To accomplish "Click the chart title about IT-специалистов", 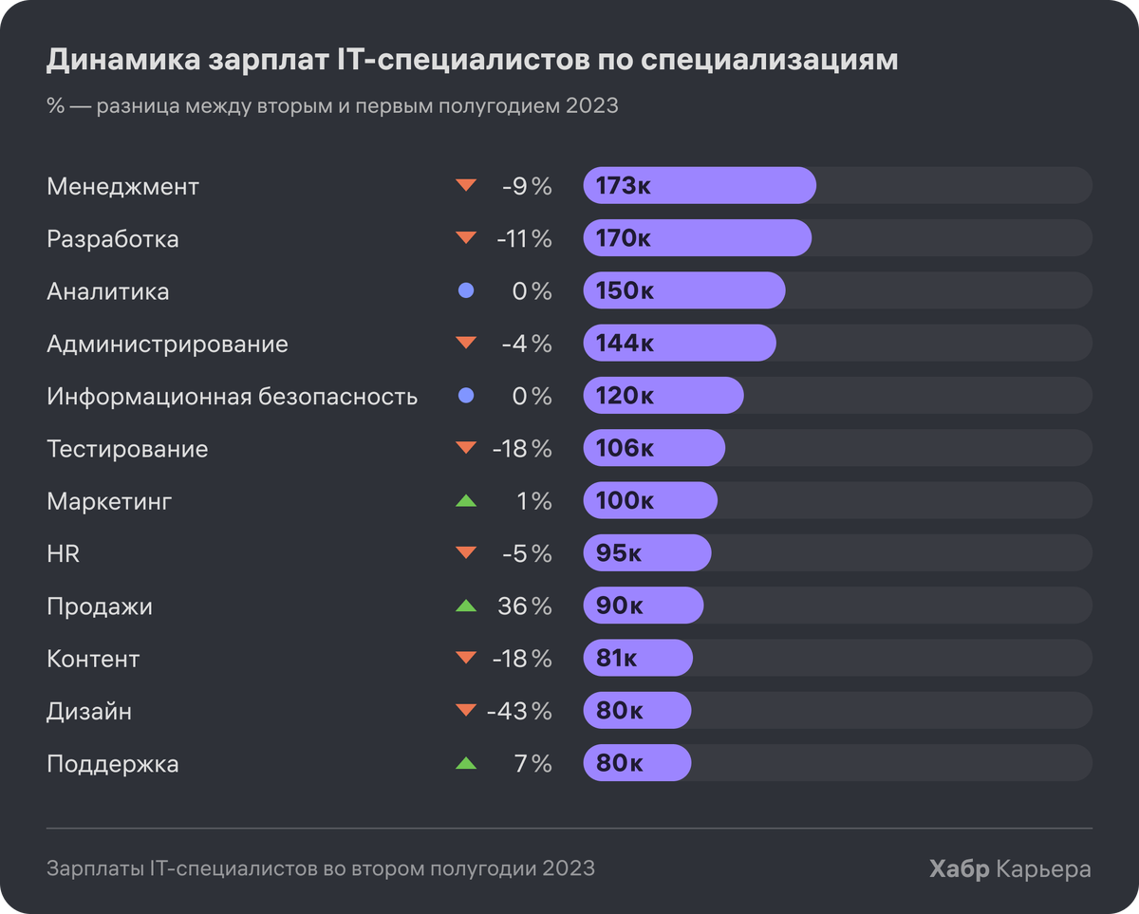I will coord(472,60).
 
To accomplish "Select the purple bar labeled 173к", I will coord(700,186).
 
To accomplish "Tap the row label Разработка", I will coord(113,239).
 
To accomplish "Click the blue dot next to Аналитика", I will coord(465,291).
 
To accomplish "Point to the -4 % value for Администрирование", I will coord(526,344).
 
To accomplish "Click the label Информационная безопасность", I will coord(233,397).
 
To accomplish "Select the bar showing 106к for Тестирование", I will coord(654,449).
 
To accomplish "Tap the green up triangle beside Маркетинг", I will coord(465,500).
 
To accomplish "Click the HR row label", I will coord(64,553).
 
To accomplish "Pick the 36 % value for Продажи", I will coord(524,606).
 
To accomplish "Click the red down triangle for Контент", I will coord(465,658).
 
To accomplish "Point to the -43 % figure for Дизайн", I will coord(518,711).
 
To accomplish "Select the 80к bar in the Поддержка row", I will coord(637,763).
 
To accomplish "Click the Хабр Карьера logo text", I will coord(1010,868).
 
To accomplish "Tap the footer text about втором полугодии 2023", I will coord(321,868).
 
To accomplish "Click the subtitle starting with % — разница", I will coord(332,106).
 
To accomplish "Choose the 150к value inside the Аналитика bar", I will coord(625,291).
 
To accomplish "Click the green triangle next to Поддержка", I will coord(465,763).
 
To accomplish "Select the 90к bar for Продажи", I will coord(644,606).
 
